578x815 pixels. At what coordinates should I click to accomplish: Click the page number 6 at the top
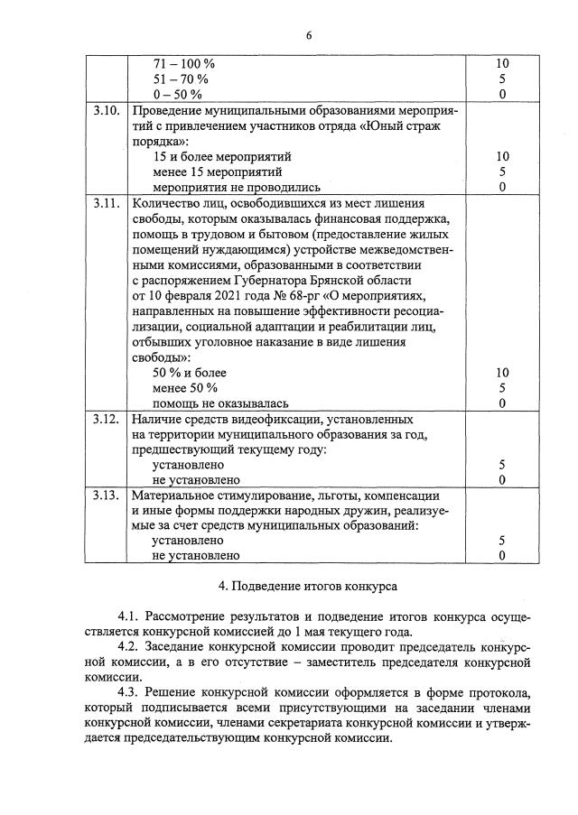(x=308, y=35)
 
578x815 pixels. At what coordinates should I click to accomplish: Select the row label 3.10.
(x=107, y=110)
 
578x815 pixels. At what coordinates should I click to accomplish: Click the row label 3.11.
(x=107, y=203)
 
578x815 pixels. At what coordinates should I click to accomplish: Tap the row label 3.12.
(x=107, y=420)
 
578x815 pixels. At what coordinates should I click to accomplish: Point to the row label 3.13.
(x=107, y=496)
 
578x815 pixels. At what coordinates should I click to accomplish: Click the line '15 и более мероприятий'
(x=222, y=156)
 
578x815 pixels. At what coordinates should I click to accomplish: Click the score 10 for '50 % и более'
(x=503, y=373)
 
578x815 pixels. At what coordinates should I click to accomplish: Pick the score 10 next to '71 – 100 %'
(x=503, y=64)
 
